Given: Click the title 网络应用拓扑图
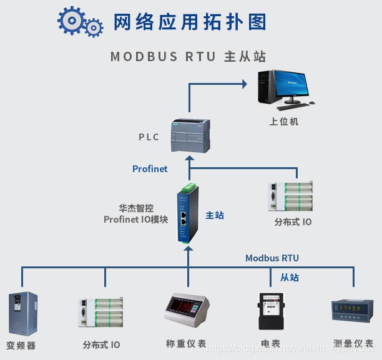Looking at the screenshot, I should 190,22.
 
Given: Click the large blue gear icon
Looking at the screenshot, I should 71,21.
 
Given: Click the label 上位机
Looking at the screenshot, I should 283,121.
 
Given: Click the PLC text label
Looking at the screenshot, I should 149,137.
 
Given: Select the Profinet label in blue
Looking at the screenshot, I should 150,168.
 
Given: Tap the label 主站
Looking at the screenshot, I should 215,215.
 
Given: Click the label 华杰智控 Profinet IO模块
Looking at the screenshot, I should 136,214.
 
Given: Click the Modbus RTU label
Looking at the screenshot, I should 272,258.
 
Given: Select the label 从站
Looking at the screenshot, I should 289,277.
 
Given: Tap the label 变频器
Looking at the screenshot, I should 21,344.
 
